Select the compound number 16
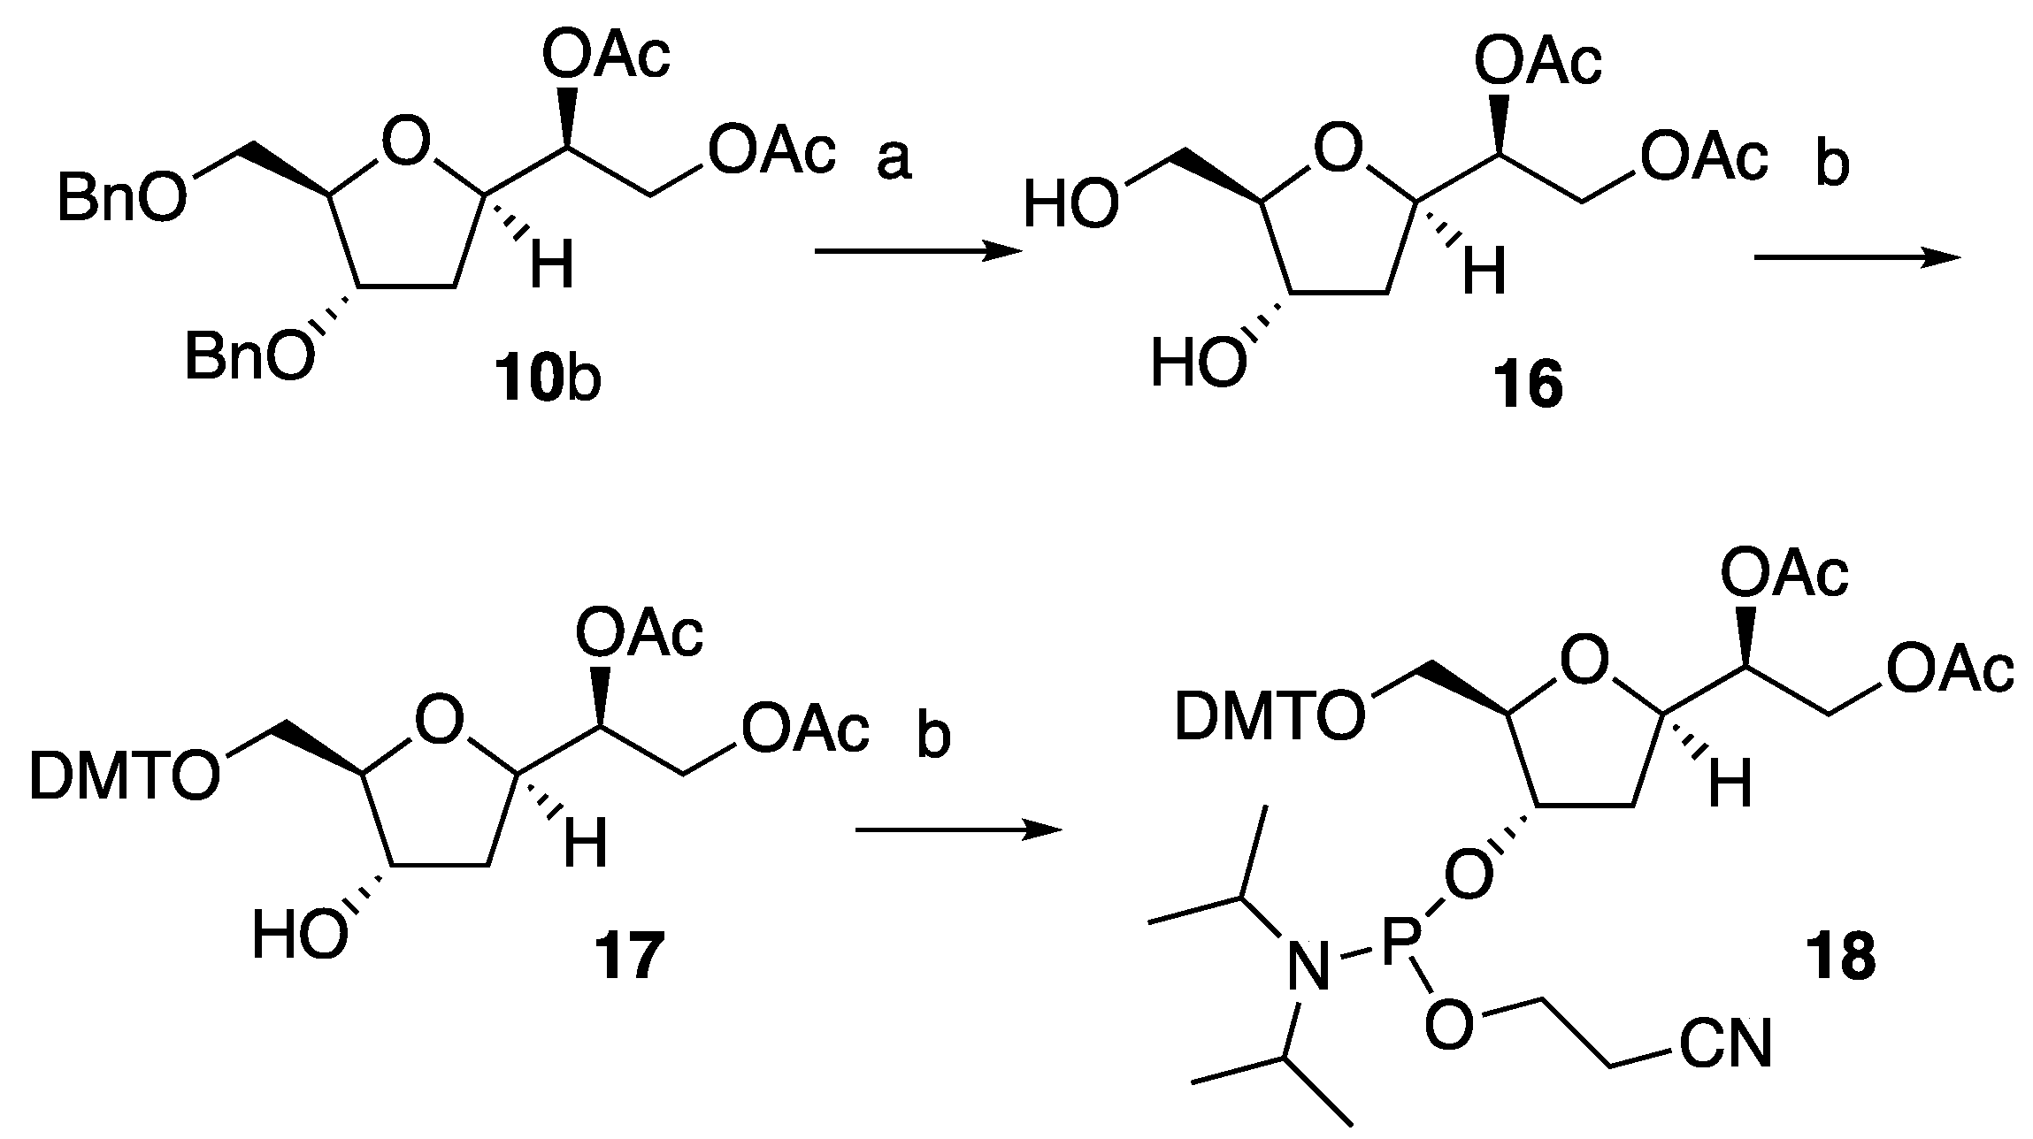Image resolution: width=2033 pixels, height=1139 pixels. tap(1527, 386)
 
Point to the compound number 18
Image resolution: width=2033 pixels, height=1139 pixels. tap(1840, 958)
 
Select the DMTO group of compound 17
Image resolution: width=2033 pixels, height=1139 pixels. tap(124, 777)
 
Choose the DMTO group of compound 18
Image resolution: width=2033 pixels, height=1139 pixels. tap(1269, 715)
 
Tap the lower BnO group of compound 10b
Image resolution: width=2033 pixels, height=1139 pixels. tap(249, 360)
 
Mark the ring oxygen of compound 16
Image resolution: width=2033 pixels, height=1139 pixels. tap(1339, 149)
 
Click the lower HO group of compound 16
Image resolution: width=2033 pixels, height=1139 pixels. tap(1197, 364)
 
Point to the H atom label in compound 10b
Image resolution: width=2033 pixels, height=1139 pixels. tap(551, 267)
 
